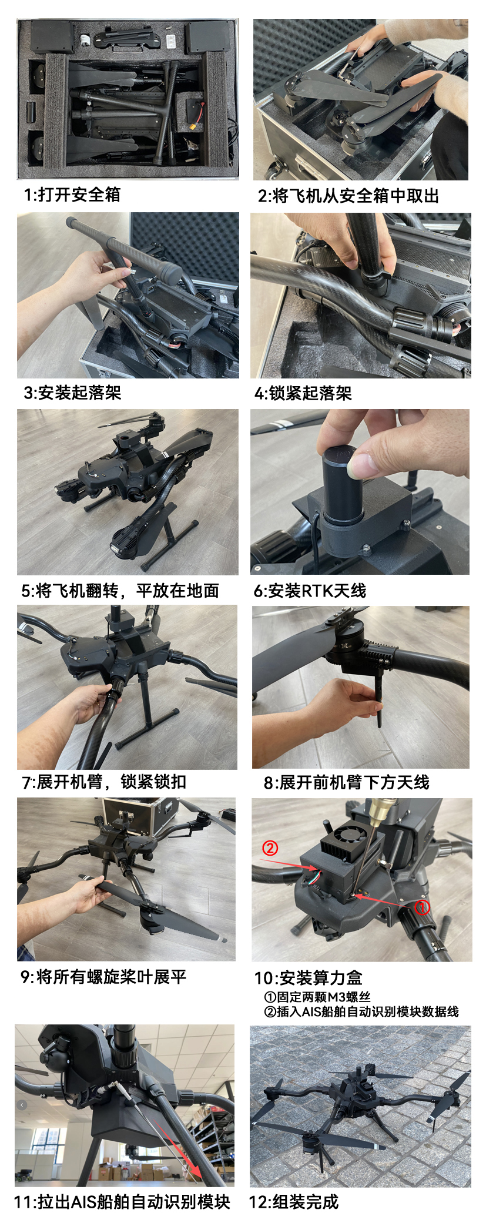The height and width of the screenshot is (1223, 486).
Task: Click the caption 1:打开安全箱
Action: tap(72, 195)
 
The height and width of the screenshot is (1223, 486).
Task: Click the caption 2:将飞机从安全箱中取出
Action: tap(348, 196)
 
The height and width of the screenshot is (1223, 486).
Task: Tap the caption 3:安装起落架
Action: tap(72, 393)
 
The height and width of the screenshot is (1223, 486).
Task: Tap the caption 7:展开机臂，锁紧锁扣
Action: tap(104, 782)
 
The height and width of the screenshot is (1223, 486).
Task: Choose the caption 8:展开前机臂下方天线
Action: tap(347, 782)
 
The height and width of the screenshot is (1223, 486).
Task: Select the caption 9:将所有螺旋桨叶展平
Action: tap(103, 977)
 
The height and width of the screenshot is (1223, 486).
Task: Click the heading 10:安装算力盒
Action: tap(309, 978)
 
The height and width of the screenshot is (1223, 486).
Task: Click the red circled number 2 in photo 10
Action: tap(270, 848)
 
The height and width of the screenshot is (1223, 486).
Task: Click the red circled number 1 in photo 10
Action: tap(422, 907)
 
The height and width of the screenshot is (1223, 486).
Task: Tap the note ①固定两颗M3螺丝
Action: tap(317, 997)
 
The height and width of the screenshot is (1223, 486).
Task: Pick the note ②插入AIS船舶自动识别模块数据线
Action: tap(361, 1011)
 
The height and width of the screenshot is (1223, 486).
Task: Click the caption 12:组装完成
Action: tap(294, 1202)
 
